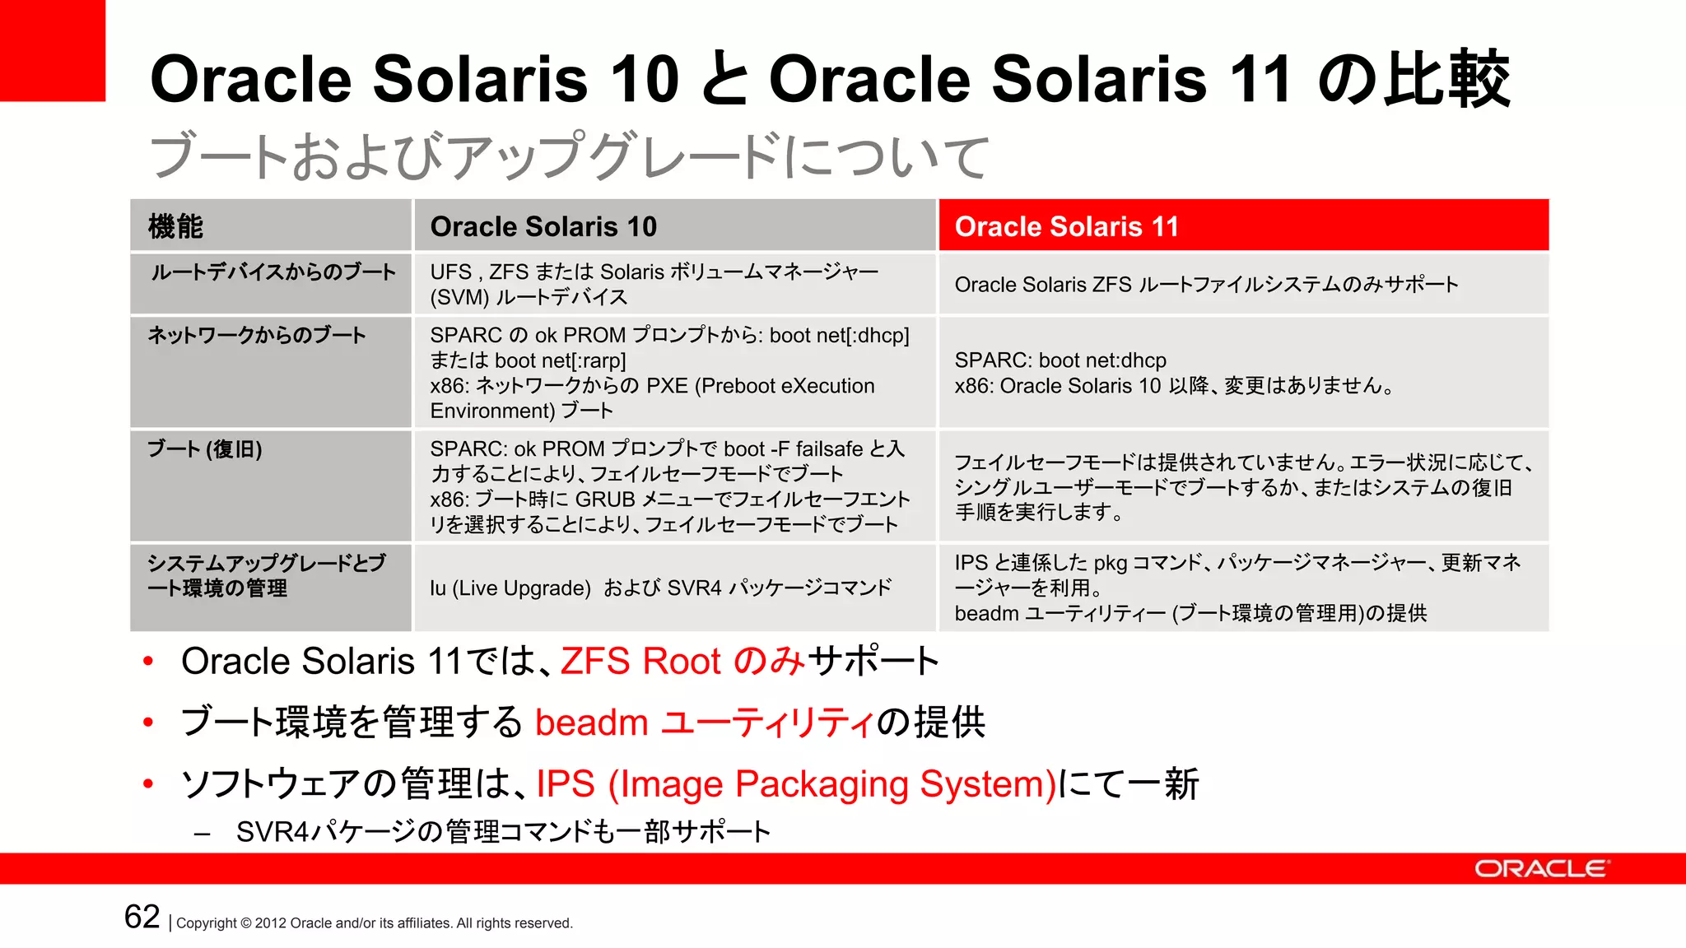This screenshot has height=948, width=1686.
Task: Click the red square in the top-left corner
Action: tap(52, 50)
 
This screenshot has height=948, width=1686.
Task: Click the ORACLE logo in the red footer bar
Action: tap(1540, 869)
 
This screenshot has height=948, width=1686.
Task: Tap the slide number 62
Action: tap(142, 917)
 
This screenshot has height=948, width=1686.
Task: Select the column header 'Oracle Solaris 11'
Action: tap(1066, 226)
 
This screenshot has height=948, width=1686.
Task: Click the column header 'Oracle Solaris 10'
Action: tap(543, 226)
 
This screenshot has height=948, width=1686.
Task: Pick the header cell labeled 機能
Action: tap(175, 226)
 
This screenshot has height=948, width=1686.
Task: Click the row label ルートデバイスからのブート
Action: tap(272, 272)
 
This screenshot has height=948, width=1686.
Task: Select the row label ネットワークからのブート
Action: tap(257, 336)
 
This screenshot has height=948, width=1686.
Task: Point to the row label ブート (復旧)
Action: tap(205, 449)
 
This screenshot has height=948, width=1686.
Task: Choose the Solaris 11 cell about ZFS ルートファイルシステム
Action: tap(1206, 285)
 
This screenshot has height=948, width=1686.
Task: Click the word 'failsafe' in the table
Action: tap(829, 449)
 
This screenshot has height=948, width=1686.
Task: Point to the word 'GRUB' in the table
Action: tap(605, 500)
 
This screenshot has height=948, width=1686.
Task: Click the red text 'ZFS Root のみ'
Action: tap(682, 662)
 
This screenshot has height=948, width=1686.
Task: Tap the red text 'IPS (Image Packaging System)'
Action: tap(796, 784)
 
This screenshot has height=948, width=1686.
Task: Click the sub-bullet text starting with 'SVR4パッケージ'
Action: tap(503, 832)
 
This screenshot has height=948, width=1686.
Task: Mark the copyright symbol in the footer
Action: tap(245, 923)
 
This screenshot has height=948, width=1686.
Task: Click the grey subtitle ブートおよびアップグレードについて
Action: tap(569, 156)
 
